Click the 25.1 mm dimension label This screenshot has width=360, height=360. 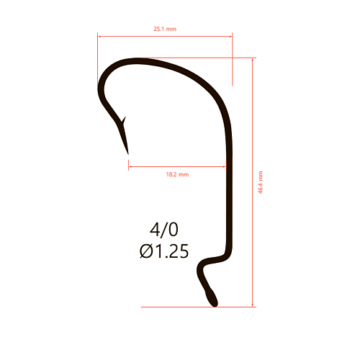click(165, 29)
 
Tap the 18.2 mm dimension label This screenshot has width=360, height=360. click(177, 174)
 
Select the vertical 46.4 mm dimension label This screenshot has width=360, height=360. click(261, 182)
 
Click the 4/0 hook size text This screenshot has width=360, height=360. click(164, 230)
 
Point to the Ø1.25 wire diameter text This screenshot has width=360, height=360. click(164, 251)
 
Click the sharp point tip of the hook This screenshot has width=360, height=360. click(128, 154)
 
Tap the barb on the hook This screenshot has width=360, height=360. click(124, 120)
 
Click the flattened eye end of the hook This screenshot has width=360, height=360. click(212, 298)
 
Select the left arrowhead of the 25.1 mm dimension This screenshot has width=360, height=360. click(99, 37)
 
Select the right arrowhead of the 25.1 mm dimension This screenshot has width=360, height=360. click(230, 37)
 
